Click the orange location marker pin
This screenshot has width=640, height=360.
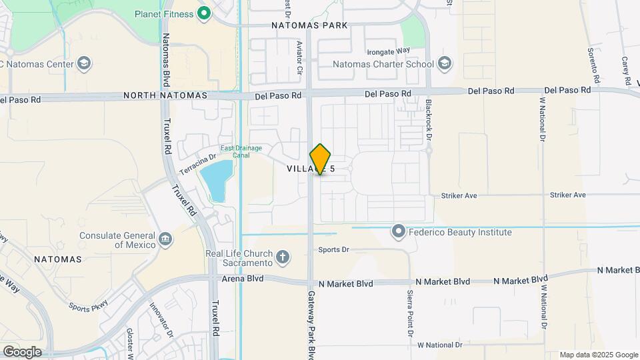[320, 159]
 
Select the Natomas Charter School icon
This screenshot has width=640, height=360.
[445, 65]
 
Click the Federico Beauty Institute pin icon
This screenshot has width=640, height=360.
[399, 232]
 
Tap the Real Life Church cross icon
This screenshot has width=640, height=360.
[283, 257]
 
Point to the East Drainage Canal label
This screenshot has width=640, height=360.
[241, 151]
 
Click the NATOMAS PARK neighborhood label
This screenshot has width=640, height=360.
[310, 25]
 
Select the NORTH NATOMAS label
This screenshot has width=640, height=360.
[165, 96]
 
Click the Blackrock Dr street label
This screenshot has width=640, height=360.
[429, 121]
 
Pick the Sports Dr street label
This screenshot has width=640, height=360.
[333, 250]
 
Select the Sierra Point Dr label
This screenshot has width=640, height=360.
[409, 313]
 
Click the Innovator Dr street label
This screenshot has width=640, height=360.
[161, 319]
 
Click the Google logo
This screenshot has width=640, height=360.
[22, 351]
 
